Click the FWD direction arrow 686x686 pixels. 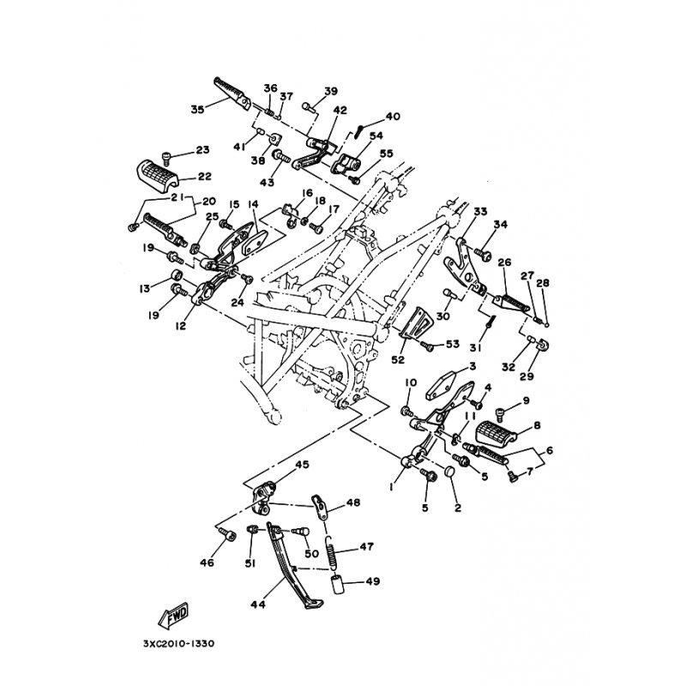point(173,616)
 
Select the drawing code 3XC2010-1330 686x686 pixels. point(178,644)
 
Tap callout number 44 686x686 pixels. point(258,605)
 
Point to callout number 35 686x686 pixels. point(198,110)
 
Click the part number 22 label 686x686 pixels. point(205,176)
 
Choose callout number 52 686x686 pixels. point(398,359)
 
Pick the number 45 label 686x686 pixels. point(302,464)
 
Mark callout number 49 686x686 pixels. point(373,581)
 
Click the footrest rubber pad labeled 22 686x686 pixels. point(159,176)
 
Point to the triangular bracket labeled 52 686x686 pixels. point(413,324)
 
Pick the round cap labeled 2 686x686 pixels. point(449,472)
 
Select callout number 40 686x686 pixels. point(393,117)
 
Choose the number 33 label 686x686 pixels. point(480,211)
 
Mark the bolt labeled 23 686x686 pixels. point(166,156)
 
